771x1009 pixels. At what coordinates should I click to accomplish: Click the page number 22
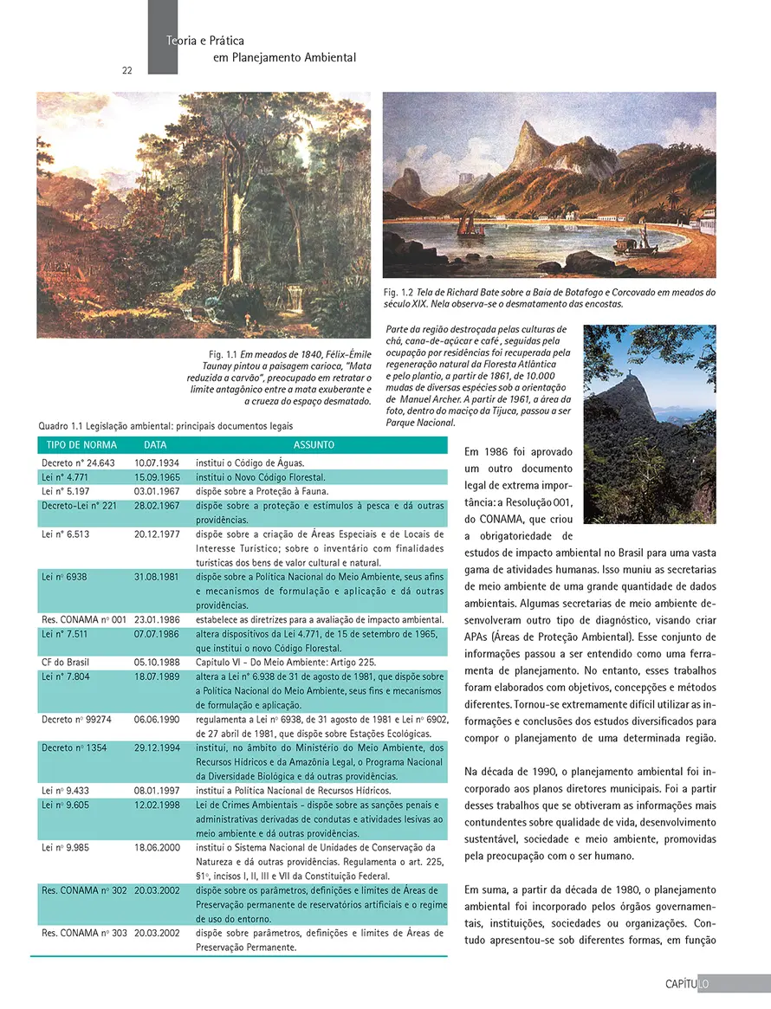pyautogui.click(x=126, y=70)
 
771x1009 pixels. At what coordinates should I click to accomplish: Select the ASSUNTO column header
pyautogui.click(x=314, y=445)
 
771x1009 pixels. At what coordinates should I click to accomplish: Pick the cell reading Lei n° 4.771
pyautogui.click(x=62, y=477)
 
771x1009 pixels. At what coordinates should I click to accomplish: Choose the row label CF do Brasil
pyautogui.click(x=65, y=662)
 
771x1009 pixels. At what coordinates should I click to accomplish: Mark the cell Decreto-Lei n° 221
pyautogui.click(x=77, y=505)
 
